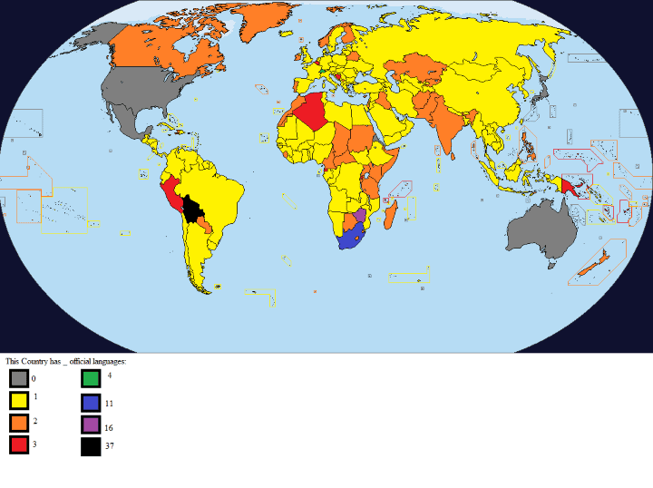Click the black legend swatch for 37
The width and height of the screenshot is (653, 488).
[91, 445]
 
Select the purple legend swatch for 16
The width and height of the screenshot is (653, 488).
[91, 425]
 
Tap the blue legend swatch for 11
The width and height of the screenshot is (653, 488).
[91, 402]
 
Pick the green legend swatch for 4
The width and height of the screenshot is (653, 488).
[91, 378]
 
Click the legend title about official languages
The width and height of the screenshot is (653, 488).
[65, 361]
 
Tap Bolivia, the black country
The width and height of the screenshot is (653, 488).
[192, 210]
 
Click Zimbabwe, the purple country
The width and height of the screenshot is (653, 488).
[359, 217]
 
